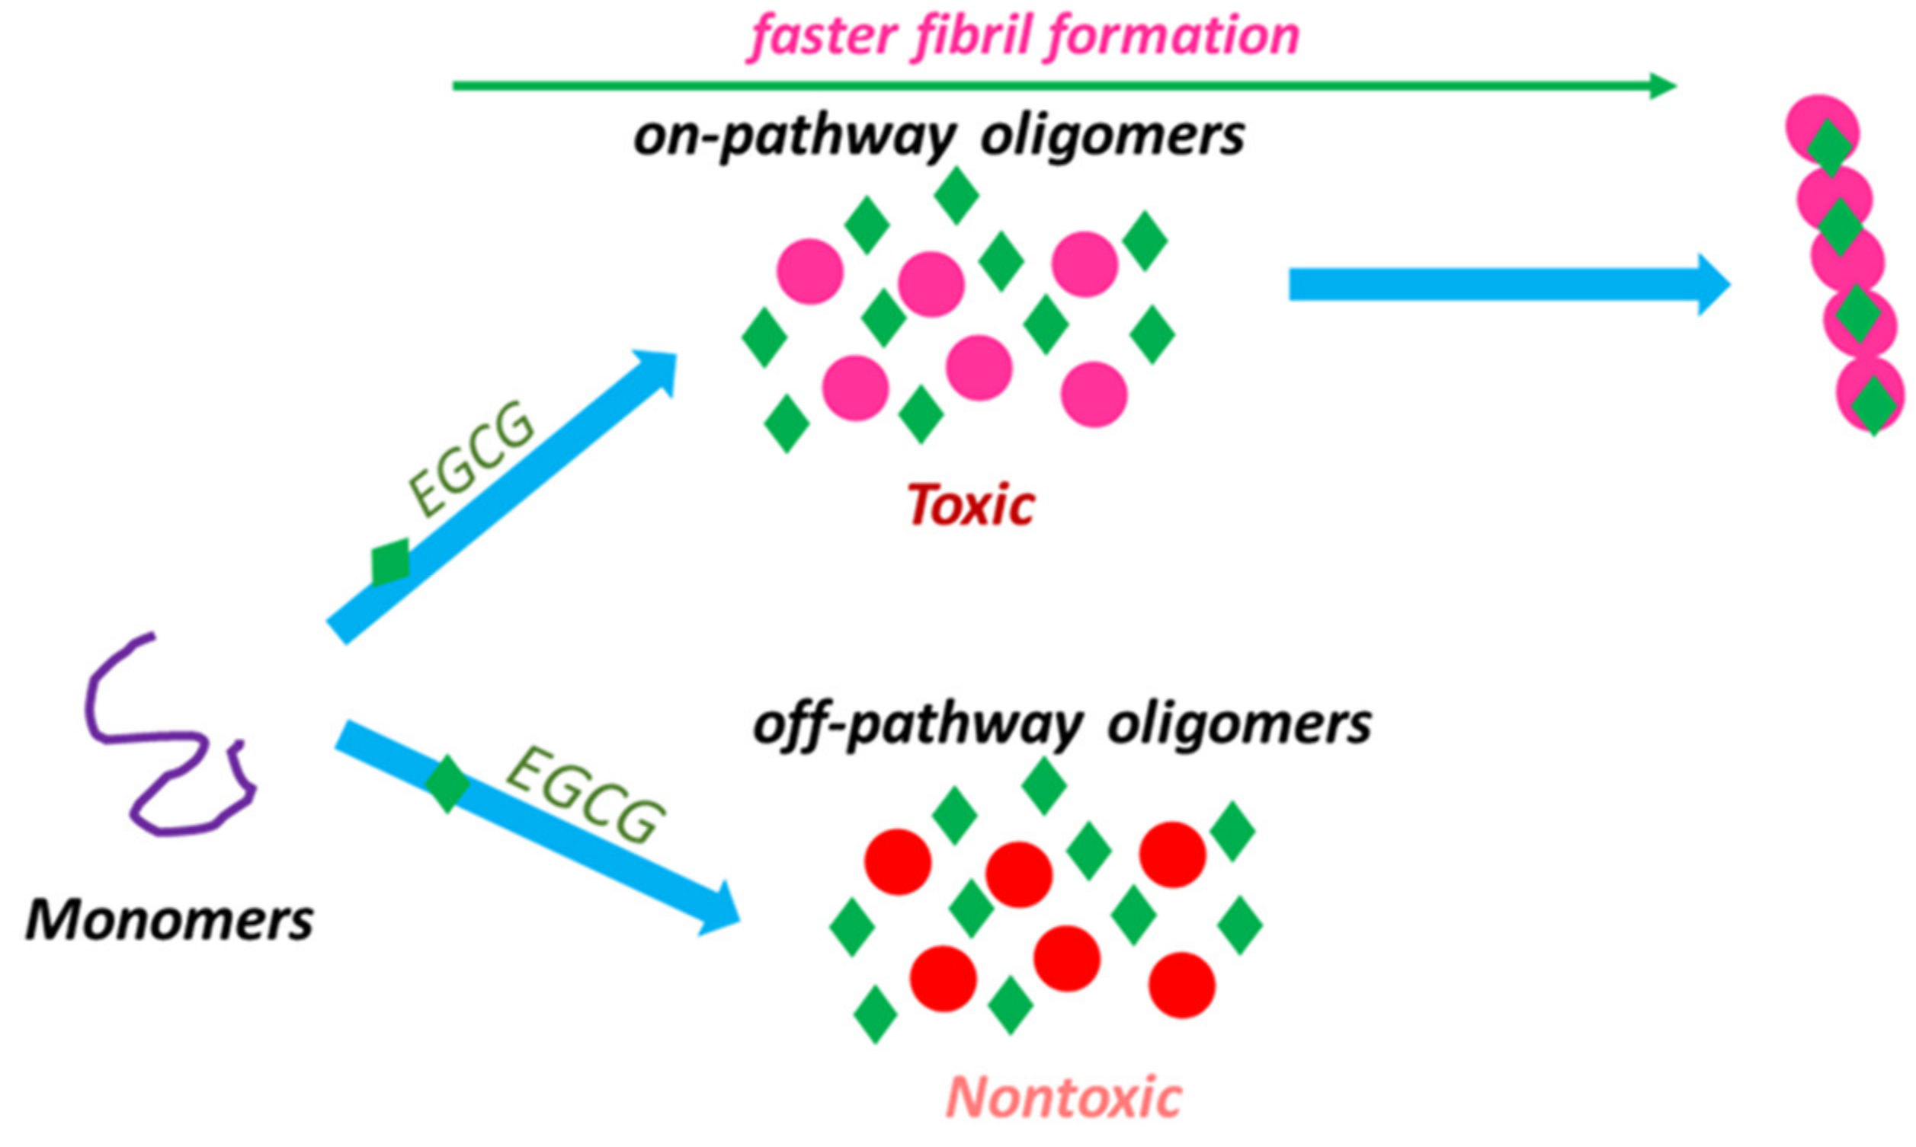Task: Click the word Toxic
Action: tap(970, 506)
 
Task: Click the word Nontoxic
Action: tap(1064, 1097)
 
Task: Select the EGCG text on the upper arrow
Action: tap(472, 459)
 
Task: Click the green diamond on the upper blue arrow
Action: tap(390, 562)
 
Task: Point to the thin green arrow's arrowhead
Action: tap(1662, 86)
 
